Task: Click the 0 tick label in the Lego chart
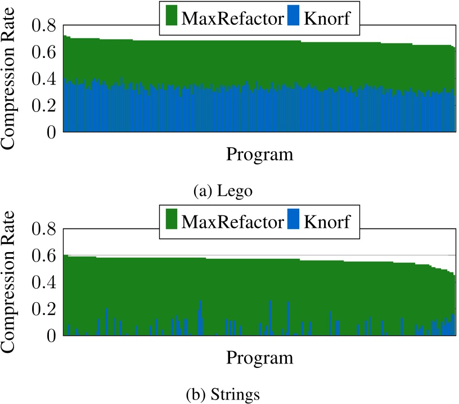point(51,132)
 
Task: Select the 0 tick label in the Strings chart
point(51,335)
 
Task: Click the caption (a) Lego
point(223,191)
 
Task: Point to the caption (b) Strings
point(223,393)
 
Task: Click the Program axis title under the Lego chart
point(260,154)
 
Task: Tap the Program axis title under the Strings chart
point(260,357)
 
